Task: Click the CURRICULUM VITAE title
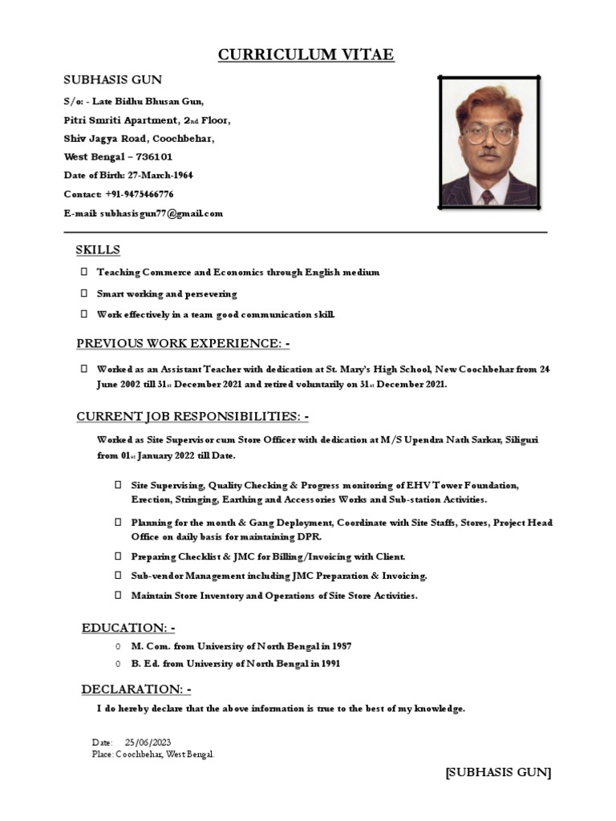[306, 55]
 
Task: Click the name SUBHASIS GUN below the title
[112, 79]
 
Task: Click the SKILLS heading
[98, 250]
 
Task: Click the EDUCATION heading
[128, 627]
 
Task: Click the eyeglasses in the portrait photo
[489, 135]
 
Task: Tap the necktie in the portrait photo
[487, 196]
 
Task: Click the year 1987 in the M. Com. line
[340, 645]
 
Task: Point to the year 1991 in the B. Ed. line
[330, 664]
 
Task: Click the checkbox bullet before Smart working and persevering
[83, 294]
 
